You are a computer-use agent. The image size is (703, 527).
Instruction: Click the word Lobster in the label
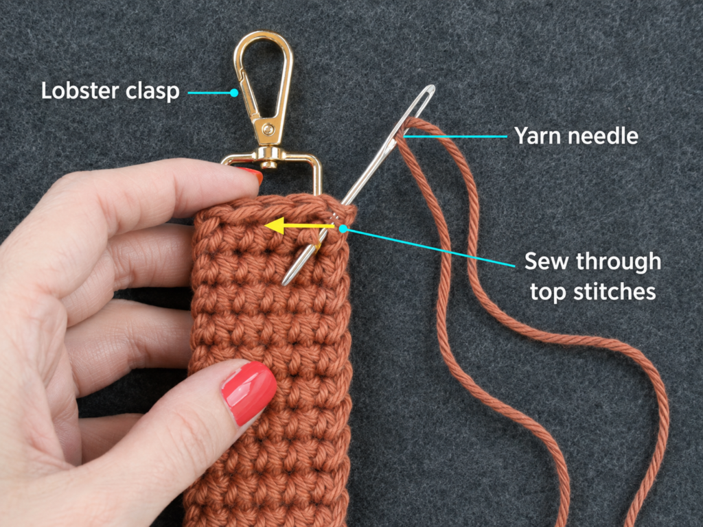coord(80,91)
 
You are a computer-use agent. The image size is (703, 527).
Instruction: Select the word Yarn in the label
coord(536,135)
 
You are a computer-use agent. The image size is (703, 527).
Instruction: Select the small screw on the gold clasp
coord(268,130)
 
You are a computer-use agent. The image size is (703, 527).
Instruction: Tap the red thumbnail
coord(249,393)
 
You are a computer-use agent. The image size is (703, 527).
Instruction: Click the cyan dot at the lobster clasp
coord(234,93)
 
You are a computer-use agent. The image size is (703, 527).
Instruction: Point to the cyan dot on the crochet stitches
coord(343,229)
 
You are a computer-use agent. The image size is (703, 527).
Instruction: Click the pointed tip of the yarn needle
coord(284,283)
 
